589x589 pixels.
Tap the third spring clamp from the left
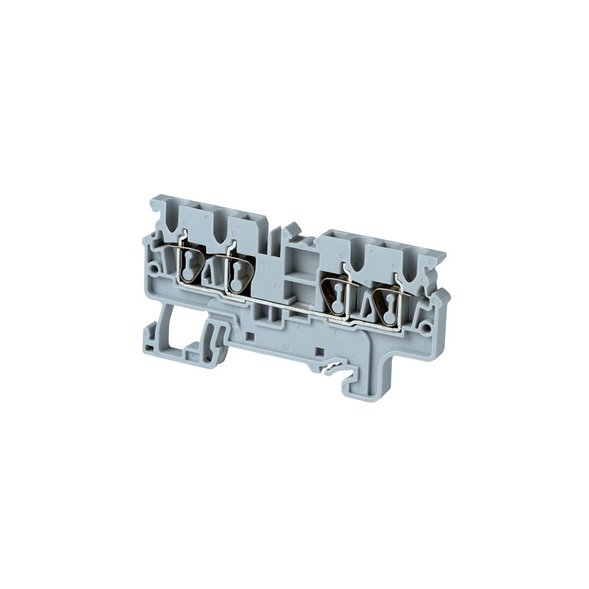pos(336,294)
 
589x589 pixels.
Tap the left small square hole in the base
pos(251,336)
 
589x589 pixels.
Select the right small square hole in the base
pos(319,351)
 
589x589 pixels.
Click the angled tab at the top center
pos(291,229)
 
